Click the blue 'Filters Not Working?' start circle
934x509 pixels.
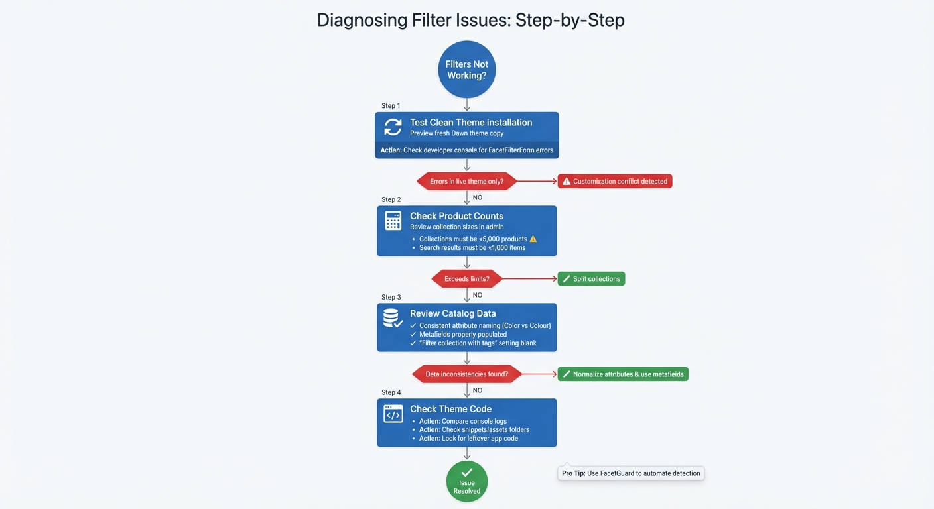click(466, 70)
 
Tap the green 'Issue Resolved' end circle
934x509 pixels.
click(466, 481)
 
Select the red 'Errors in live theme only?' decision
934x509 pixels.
click(466, 181)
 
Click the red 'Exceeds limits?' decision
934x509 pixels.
click(466, 279)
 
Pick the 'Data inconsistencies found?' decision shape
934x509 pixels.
click(466, 374)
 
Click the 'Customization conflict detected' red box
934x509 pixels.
click(614, 181)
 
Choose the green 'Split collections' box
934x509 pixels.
click(591, 279)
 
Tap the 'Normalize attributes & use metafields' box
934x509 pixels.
click(623, 374)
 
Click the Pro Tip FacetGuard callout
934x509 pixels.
click(630, 473)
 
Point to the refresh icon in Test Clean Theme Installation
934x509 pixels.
click(393, 127)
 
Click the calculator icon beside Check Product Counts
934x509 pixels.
click(393, 221)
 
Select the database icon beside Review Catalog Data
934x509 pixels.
click(393, 319)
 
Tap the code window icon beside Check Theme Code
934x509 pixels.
click(393, 414)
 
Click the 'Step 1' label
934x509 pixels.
click(391, 106)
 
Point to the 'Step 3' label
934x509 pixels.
click(391, 297)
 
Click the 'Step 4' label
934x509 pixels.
click(391, 392)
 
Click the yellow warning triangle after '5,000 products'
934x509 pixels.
click(533, 239)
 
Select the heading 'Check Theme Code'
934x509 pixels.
click(450, 409)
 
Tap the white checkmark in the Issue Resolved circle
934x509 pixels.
click(466, 472)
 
